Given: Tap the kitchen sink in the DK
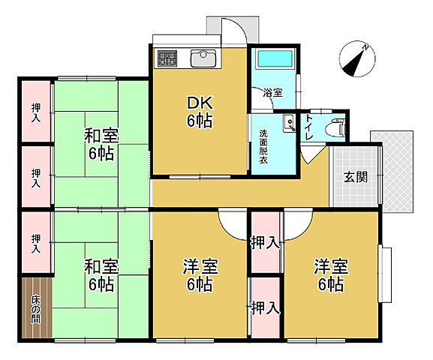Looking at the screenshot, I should pos(203,58).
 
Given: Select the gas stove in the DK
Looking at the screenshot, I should pos(167,58).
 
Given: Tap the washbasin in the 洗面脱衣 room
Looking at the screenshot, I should pos(288,122).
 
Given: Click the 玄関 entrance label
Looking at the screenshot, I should pos(356,178).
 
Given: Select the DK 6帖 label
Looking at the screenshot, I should pos(200,110).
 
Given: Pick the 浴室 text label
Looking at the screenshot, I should pos(272,93).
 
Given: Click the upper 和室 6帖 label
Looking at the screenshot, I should pos(99,145).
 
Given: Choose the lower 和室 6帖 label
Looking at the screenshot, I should pos(99,275).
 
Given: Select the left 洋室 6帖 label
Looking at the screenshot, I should pos(200,275).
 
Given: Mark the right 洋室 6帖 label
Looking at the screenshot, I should pos(329,275).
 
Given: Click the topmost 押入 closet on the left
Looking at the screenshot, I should pos(36,112).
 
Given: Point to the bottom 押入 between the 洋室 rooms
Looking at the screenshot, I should pos(264,307).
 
